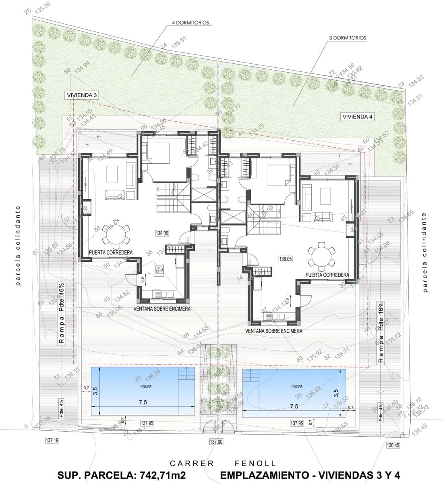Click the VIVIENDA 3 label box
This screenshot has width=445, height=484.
[82, 95]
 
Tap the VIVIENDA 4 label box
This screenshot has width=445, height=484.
[357, 117]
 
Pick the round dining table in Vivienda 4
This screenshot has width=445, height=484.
[321, 257]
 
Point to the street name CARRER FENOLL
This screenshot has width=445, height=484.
[223, 464]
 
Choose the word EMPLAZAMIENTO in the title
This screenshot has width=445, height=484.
[262, 475]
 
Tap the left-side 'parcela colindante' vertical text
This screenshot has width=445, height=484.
[17, 246]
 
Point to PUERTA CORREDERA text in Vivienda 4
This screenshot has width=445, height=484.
[327, 275]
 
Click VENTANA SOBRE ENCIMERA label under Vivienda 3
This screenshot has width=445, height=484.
[162, 309]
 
